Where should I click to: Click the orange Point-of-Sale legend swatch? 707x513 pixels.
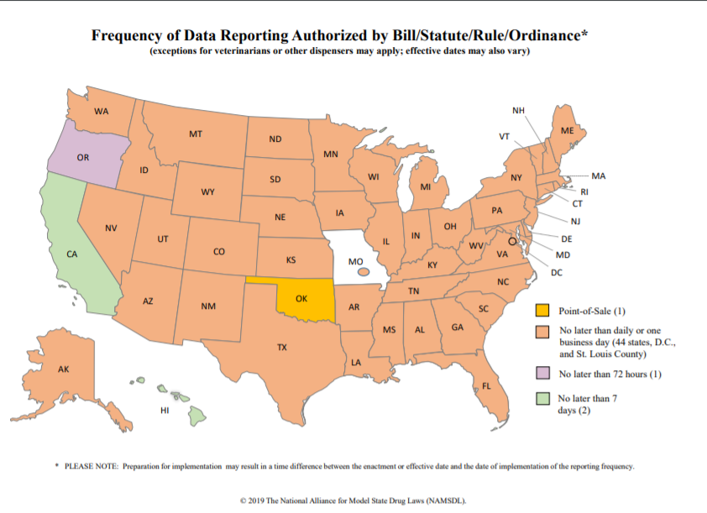(543, 311)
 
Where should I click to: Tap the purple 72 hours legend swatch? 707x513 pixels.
(543, 374)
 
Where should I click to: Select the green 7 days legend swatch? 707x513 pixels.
(543, 398)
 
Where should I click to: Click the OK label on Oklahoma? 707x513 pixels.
(301, 297)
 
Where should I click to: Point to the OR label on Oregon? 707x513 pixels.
(83, 157)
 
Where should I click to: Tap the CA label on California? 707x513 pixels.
(72, 254)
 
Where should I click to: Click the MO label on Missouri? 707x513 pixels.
(355, 261)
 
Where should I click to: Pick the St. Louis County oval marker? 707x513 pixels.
(363, 271)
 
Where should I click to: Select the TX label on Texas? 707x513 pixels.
(282, 347)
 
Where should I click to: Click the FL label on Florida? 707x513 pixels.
(486, 386)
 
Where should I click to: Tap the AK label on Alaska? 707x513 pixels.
(64, 369)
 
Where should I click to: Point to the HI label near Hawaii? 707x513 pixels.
(165, 411)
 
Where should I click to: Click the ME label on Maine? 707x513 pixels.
(568, 131)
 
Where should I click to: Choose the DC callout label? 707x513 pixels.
(557, 272)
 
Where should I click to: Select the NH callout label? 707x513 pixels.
(518, 111)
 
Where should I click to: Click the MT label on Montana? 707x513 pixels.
(195, 133)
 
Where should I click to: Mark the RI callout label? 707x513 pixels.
(585, 191)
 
